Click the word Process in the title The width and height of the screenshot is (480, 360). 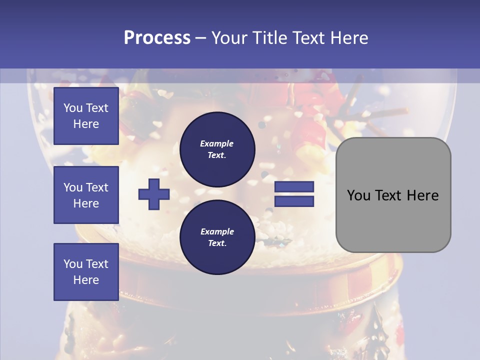[157, 38]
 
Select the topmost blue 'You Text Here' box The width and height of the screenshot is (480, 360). [86, 116]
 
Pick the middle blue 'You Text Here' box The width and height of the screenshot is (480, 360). [86, 195]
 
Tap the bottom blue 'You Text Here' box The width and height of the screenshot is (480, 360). [86, 272]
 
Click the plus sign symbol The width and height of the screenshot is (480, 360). [154, 194]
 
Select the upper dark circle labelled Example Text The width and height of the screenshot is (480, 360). [217, 149]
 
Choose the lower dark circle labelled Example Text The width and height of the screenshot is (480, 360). [217, 237]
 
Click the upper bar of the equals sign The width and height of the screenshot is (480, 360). [294, 187]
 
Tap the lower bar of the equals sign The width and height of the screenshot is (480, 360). [294, 201]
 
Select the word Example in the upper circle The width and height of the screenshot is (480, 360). [217, 143]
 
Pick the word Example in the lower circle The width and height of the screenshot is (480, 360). [217, 231]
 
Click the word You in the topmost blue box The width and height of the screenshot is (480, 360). [72, 108]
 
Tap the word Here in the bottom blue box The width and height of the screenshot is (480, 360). [86, 280]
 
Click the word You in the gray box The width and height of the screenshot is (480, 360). [358, 195]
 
